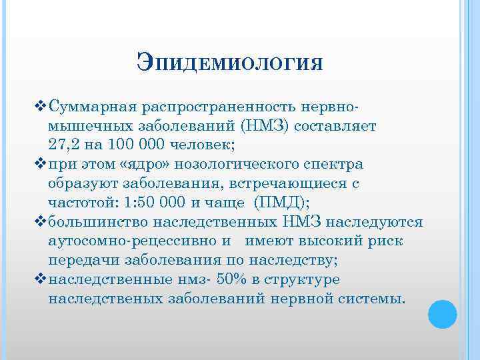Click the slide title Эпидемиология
(230, 65)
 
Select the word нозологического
(249, 164)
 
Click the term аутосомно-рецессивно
(130, 241)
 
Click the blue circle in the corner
(442, 314)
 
